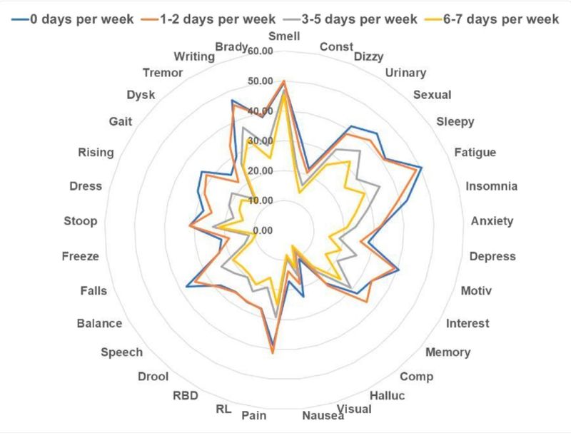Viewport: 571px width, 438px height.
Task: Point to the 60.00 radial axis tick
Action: coord(258,51)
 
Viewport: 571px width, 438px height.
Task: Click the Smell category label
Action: coord(284,36)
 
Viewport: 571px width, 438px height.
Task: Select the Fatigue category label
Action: coord(475,152)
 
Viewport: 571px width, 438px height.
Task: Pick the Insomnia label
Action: coord(491,187)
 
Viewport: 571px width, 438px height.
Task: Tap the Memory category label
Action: coord(448,352)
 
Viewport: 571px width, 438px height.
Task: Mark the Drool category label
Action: coord(154,376)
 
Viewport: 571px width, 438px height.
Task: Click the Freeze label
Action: coord(80,256)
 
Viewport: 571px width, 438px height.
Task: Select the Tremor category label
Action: coord(163,73)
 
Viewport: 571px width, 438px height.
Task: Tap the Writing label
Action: coord(194,57)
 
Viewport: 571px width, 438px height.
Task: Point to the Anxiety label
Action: coord(492,221)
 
